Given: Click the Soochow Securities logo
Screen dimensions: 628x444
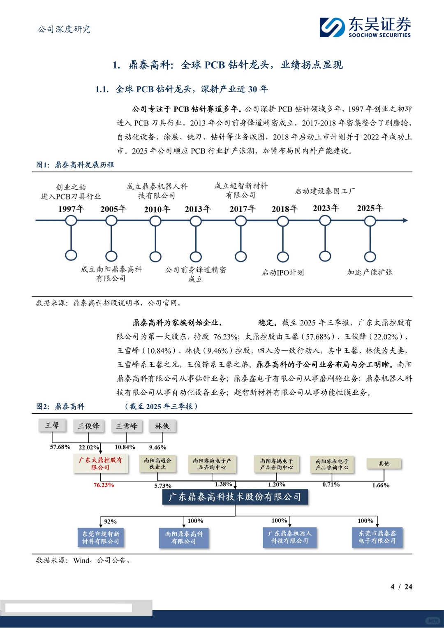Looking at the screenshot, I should [x=365, y=27].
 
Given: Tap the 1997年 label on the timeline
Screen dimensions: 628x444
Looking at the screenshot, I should [x=71, y=209].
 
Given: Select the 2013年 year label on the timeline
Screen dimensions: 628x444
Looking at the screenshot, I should [x=198, y=209].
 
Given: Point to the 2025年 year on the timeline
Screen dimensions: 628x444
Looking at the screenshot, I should [x=370, y=208].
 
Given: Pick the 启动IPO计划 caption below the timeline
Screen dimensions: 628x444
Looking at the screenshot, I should [x=283, y=272].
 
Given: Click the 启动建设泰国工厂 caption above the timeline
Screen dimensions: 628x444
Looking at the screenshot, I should [x=325, y=191].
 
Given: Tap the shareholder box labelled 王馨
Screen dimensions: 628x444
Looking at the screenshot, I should [x=52, y=425].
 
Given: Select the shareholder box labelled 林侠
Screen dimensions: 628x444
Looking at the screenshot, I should [x=162, y=426].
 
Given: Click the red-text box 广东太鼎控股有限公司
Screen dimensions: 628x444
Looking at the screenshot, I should [x=100, y=463].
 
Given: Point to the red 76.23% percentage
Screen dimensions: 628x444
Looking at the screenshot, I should [x=104, y=485].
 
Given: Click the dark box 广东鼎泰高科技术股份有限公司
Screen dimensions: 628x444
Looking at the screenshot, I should [x=235, y=497].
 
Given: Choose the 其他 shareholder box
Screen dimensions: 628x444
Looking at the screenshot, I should [x=384, y=463].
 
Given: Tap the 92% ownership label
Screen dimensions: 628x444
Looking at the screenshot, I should [x=110, y=521].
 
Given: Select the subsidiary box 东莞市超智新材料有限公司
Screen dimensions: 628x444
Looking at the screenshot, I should [x=101, y=538].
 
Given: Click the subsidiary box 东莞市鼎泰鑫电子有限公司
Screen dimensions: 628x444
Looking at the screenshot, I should [x=377, y=537].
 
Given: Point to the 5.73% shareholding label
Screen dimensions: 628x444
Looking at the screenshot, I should [x=163, y=486].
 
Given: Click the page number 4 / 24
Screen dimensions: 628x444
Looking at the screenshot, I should [x=401, y=586].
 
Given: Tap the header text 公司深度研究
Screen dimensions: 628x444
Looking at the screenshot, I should [x=64, y=29].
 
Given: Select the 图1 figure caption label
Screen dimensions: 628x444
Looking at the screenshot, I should [x=43, y=165].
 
